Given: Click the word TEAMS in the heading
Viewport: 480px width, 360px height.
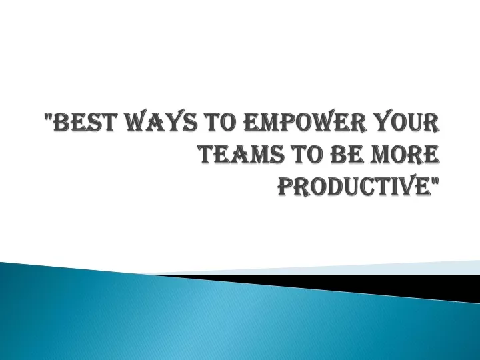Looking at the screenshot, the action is coord(242,154).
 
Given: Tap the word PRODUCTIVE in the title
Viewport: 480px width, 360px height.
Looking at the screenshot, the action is coord(354,186).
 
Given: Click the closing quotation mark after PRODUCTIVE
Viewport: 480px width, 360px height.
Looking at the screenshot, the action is coord(435,180).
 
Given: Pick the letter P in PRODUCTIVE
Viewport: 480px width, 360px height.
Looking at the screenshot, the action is coord(286,186).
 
